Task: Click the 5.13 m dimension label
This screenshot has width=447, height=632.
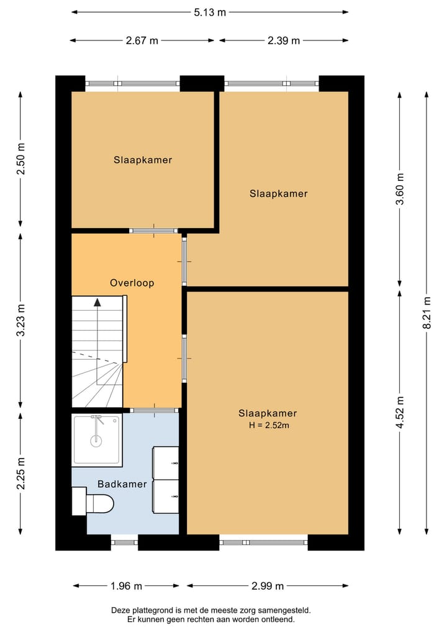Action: tap(210, 12)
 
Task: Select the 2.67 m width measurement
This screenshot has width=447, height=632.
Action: tap(142, 41)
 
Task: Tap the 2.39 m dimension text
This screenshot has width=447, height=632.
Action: tap(284, 41)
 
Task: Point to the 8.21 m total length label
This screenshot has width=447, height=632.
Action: tap(427, 313)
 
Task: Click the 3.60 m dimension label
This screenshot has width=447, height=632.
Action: tap(399, 189)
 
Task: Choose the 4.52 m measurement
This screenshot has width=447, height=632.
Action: tap(399, 413)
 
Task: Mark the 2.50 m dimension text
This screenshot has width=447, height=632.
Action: tap(21, 158)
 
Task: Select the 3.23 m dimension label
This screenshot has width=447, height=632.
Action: tap(21, 320)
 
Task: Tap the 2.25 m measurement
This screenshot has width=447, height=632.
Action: tap(21, 474)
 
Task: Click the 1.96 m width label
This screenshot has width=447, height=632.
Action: tap(127, 586)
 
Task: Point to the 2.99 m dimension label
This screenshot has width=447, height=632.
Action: tap(268, 586)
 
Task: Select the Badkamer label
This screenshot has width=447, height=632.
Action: tap(122, 484)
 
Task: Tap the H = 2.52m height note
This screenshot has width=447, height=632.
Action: tap(269, 425)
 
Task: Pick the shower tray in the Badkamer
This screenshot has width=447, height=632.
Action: tap(97, 440)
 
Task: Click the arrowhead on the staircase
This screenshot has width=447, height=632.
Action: tap(97, 302)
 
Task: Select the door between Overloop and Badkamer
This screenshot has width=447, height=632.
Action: tap(154, 410)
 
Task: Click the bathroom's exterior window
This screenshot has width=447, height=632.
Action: tap(124, 542)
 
